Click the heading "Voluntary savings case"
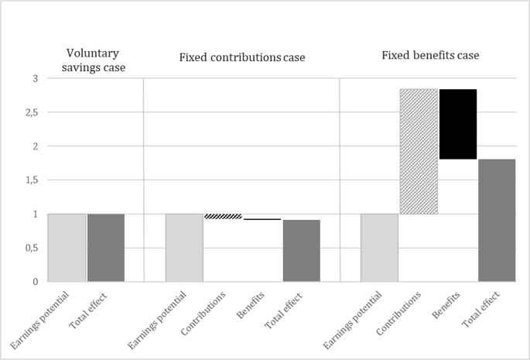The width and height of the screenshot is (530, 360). tap(94, 60)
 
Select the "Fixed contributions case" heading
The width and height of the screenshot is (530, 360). tap(242, 57)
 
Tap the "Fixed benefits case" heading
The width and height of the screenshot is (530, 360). tap(430, 55)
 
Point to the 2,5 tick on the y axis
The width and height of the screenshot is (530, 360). tap(32, 112)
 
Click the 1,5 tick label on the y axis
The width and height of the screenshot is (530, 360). tap(32, 180)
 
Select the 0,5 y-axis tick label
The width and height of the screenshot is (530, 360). tap(32, 248)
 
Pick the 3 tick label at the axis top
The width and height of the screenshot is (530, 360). tap(35, 78)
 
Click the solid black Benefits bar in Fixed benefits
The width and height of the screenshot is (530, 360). tap(458, 124)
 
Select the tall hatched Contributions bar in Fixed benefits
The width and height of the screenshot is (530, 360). tap(419, 152)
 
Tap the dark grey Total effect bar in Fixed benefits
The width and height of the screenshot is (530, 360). tap(497, 221)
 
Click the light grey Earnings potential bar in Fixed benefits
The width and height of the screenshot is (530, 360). tap(379, 248)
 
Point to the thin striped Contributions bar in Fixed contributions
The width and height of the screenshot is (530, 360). tap(224, 216)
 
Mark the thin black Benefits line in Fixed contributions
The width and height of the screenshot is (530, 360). tap(262, 219)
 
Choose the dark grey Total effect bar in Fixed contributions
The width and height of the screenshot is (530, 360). tap(302, 251)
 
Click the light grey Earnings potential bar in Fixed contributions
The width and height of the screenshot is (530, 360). tap(184, 248)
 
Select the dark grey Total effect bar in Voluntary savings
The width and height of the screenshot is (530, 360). tap(106, 248)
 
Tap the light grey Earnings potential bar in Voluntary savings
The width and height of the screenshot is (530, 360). tap(67, 248)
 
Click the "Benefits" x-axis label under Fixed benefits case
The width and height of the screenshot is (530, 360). tap(446, 305)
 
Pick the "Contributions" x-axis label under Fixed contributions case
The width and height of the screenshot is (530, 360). tap(203, 314)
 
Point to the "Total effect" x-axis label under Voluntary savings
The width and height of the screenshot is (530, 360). tap(88, 310)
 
